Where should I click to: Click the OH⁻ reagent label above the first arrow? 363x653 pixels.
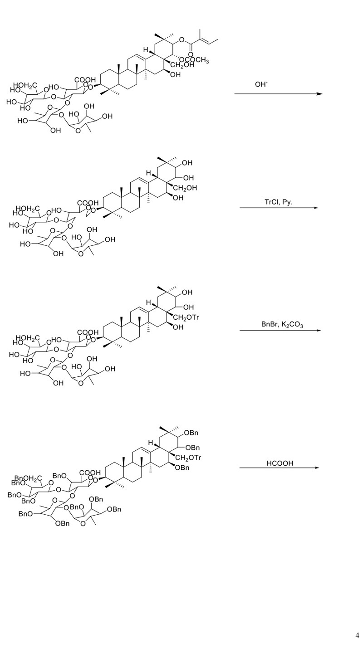coord(261,84)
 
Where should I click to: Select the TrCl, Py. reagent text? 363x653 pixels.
coord(279,202)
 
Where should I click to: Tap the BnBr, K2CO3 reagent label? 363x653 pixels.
coord(282,324)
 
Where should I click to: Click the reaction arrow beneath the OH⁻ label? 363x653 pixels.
coord(278,94)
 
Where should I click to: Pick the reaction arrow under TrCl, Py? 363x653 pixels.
coord(279,208)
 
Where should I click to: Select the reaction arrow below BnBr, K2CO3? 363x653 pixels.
coord(280,331)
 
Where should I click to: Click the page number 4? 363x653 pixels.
coord(357,635)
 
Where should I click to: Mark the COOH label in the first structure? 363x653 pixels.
coord(85,80)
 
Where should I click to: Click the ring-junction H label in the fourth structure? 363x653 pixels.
coord(151,442)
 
